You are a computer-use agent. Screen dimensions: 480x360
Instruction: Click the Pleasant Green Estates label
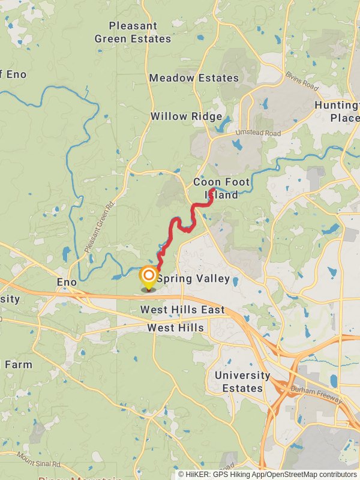(133, 32)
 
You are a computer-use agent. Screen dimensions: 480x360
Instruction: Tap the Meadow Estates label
(194, 78)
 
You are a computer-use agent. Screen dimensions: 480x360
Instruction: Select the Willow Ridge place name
(186, 116)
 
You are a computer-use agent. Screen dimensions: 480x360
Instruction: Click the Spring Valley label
(193, 278)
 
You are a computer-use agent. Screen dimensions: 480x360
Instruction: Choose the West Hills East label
(182, 310)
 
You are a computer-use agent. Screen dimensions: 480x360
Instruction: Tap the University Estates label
(242, 382)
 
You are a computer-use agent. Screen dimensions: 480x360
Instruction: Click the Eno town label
(66, 281)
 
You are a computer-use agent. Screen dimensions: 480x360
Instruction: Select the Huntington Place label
(340, 111)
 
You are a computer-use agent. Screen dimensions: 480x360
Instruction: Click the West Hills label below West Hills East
(175, 328)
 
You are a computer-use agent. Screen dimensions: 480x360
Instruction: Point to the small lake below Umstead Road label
(238, 145)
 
